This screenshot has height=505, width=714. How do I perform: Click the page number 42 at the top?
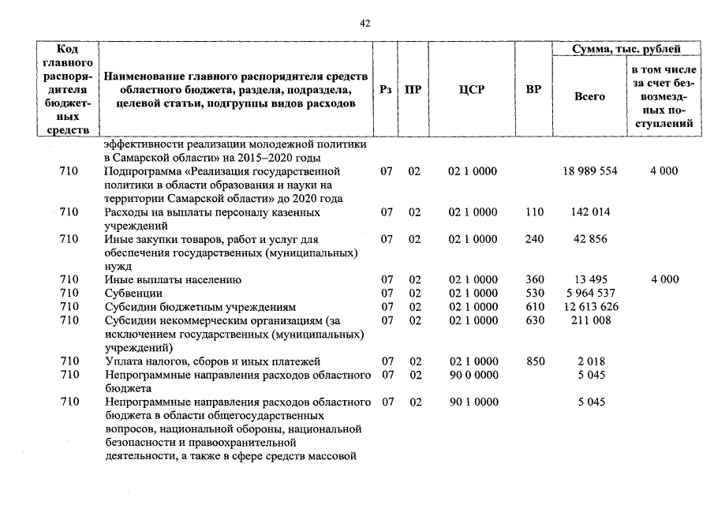tap(364, 24)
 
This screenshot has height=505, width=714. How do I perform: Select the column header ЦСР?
tap(472, 90)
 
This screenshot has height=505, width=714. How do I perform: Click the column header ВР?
tap(533, 90)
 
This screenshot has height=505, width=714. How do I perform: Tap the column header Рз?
tap(386, 90)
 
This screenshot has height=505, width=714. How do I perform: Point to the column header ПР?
tap(413, 90)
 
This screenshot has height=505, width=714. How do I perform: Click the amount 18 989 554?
tap(591, 171)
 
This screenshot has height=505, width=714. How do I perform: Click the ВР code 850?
tap(535, 361)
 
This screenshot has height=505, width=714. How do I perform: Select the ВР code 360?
tap(535, 280)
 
